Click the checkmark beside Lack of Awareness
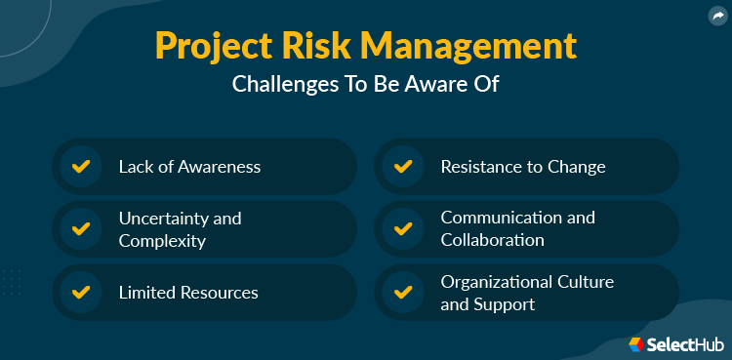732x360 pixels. pos(81,166)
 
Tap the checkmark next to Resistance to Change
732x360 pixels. pos(402,166)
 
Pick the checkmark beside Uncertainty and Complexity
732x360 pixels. pos(81,229)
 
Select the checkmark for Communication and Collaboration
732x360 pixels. pos(402,229)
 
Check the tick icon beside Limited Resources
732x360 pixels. pos(81,292)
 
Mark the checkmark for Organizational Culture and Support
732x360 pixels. pos(402,292)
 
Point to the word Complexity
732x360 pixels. pos(162,240)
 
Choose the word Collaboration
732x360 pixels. pos(492,240)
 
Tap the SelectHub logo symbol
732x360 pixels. pos(635,343)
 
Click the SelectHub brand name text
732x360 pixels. pos(683,343)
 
